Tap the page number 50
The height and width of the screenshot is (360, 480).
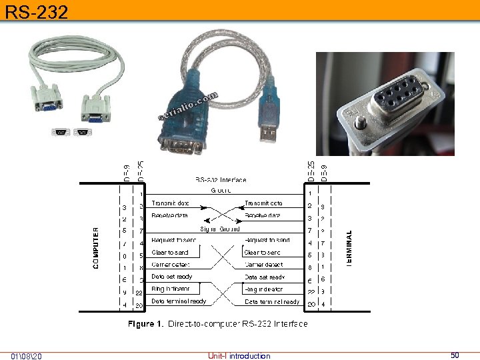[x=455, y=355]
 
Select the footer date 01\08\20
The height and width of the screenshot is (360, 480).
[x=26, y=355]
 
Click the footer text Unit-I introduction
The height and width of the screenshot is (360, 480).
[x=239, y=356]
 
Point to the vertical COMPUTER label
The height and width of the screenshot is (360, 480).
[x=96, y=248]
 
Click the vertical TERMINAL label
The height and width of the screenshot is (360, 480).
[x=349, y=249]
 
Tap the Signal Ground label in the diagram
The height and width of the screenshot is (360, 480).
[x=220, y=229]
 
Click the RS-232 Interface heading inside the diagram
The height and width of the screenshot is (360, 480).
[x=221, y=180]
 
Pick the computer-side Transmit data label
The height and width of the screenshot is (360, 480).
[x=170, y=203]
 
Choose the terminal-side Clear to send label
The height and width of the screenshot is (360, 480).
[x=263, y=253]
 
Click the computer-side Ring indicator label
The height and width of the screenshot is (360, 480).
[x=171, y=289]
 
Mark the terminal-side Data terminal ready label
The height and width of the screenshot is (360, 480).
[x=272, y=302]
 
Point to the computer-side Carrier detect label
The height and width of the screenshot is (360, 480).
[x=171, y=265]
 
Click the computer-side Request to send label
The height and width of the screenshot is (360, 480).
[x=174, y=240]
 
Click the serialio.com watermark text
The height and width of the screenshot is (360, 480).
[x=189, y=107]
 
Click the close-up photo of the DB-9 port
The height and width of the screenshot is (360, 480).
[x=385, y=103]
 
